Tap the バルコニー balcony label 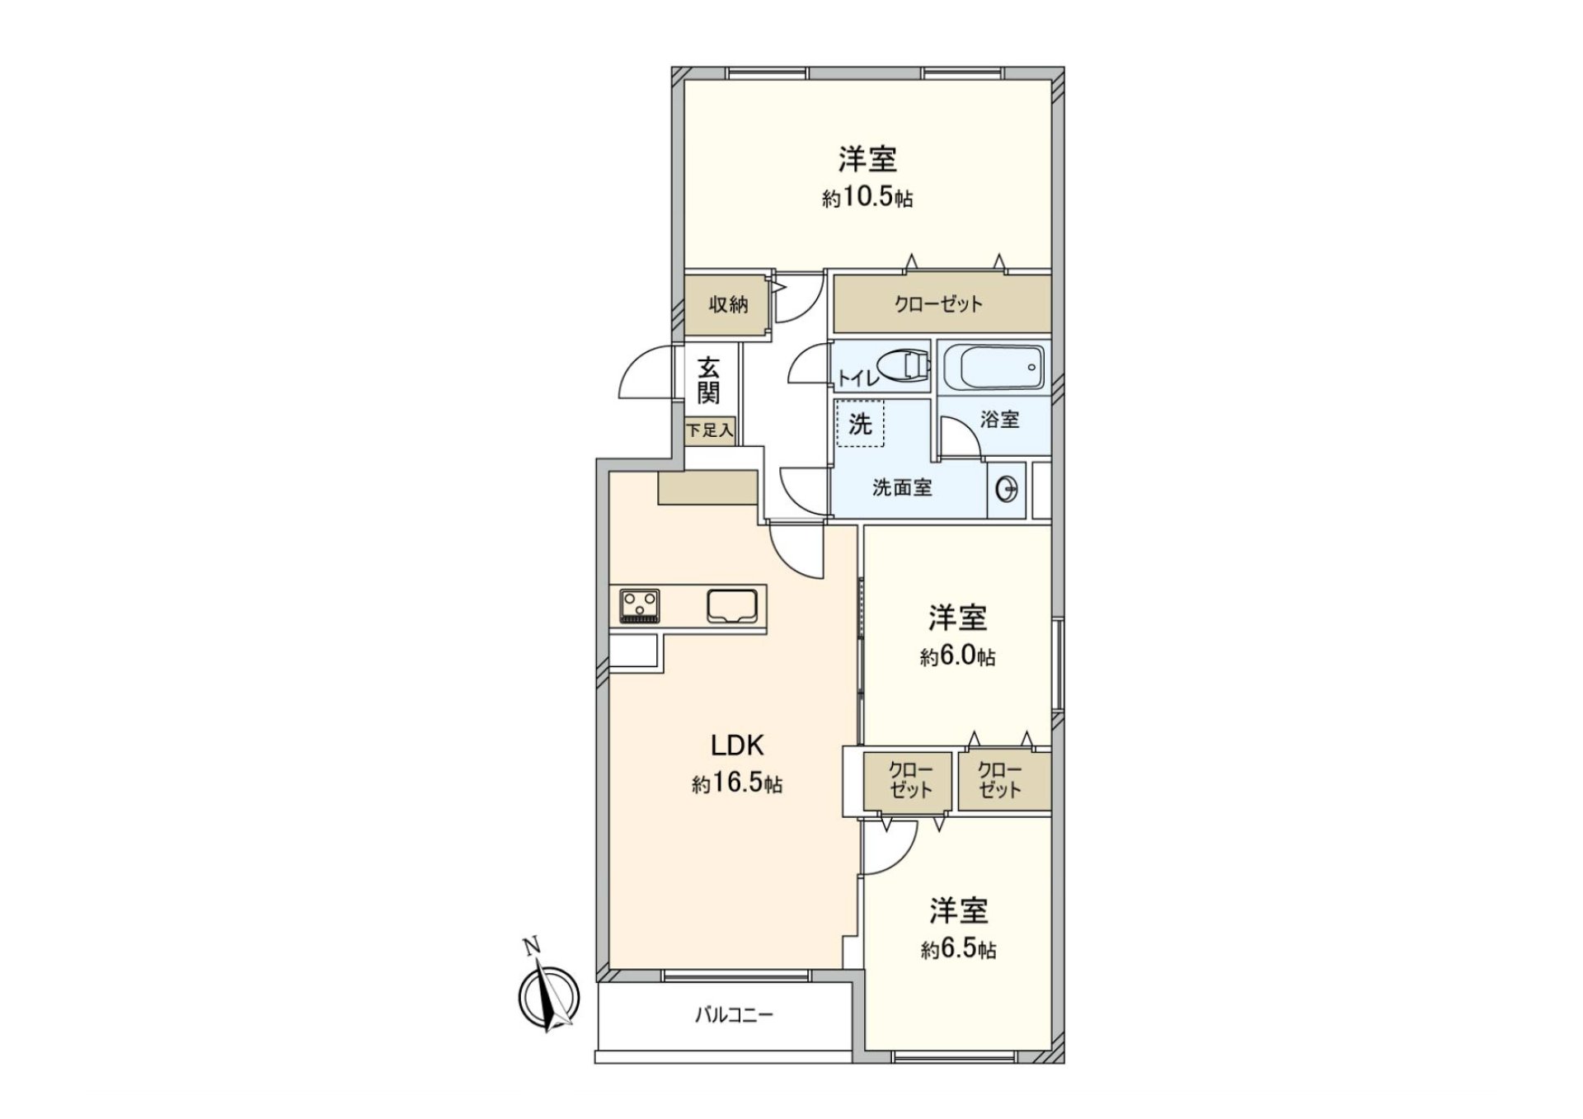[x=733, y=1015]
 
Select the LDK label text [x=738, y=745]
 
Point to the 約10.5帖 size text [x=867, y=199]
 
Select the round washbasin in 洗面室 [x=1008, y=491]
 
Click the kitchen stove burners [x=640, y=605]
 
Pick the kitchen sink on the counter [x=731, y=606]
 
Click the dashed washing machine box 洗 [x=860, y=424]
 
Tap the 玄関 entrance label [x=708, y=380]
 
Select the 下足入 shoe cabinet [x=710, y=430]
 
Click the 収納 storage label [x=728, y=304]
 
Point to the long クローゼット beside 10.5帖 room [x=940, y=304]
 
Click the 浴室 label [x=999, y=420]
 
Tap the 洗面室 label [x=902, y=488]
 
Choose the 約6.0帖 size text [x=957, y=657]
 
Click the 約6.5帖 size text [x=958, y=950]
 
